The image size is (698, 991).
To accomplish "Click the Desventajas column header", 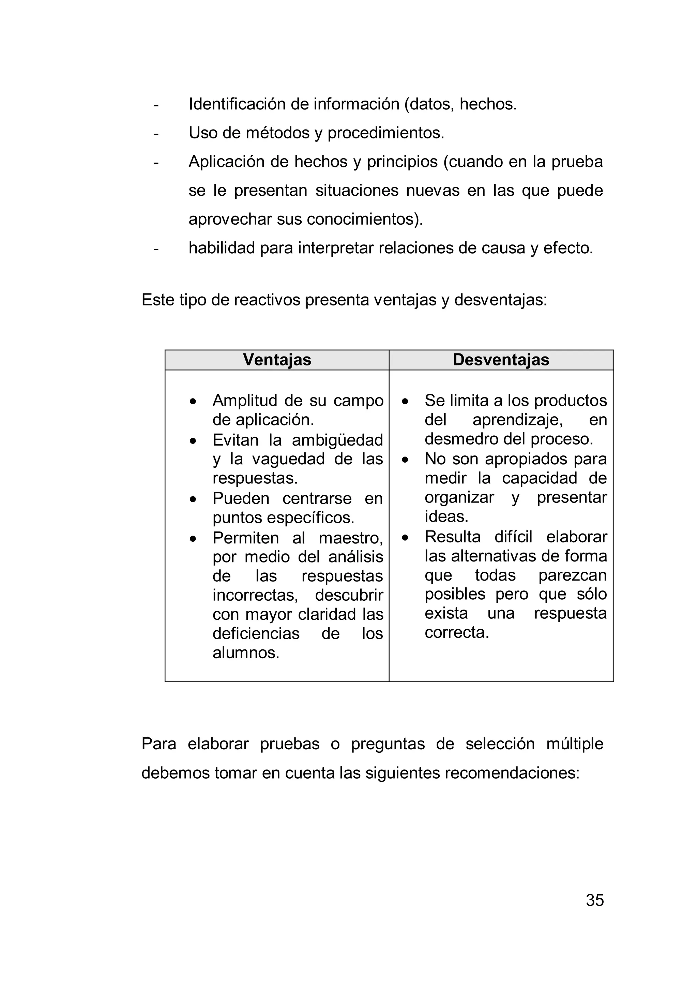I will [501, 360].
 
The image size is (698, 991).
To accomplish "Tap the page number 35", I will [594, 900].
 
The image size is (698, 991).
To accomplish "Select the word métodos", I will [277, 133].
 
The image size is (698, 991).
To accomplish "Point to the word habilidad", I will [222, 248].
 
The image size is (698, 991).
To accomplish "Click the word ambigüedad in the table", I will [337, 440].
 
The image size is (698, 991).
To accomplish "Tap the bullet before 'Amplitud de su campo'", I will [193, 401].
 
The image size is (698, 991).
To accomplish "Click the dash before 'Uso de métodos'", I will [156, 134].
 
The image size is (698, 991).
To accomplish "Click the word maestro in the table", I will [350, 538].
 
